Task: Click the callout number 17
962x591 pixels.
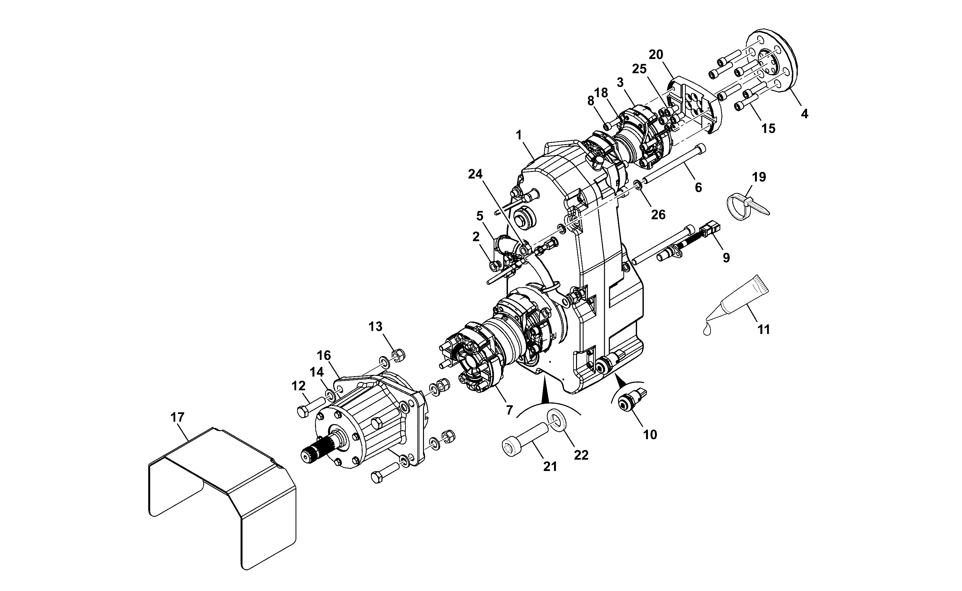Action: point(177,417)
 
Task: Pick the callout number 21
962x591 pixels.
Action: point(550,466)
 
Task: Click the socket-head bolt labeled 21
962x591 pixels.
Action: point(526,439)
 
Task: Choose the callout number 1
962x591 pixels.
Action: point(519,135)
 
